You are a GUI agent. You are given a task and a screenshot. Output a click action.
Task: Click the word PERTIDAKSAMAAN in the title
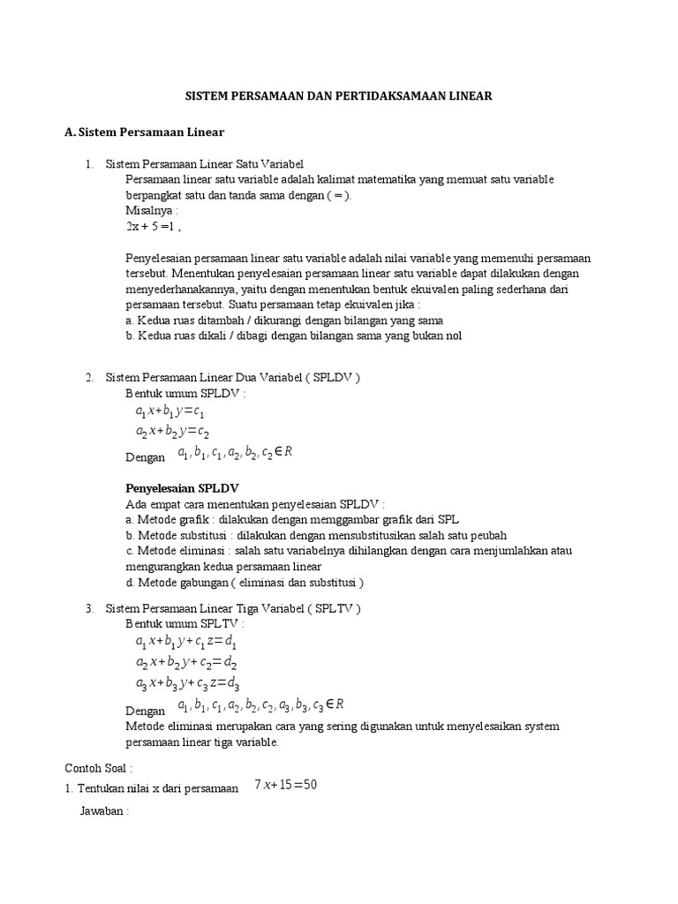point(392,95)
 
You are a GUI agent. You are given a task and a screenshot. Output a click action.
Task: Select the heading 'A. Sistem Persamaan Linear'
point(145,132)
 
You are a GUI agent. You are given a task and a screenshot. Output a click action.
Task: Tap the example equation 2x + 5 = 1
point(153,227)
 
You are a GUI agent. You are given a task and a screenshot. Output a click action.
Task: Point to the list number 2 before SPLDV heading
point(89,378)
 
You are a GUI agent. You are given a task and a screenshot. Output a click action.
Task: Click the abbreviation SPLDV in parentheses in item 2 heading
point(331,378)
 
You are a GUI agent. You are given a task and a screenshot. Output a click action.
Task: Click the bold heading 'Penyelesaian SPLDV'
point(182,488)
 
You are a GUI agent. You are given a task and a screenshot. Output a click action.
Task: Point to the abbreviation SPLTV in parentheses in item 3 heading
point(332,609)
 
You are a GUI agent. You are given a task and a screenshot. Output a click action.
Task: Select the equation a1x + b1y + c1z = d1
point(187,642)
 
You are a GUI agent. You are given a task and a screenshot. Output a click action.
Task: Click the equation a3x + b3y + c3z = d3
point(187,683)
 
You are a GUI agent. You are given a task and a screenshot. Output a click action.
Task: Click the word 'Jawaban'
point(103,810)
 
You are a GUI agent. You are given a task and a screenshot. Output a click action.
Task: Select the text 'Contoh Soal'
point(98,768)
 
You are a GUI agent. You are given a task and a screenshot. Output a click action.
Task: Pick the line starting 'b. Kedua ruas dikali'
point(294,335)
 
